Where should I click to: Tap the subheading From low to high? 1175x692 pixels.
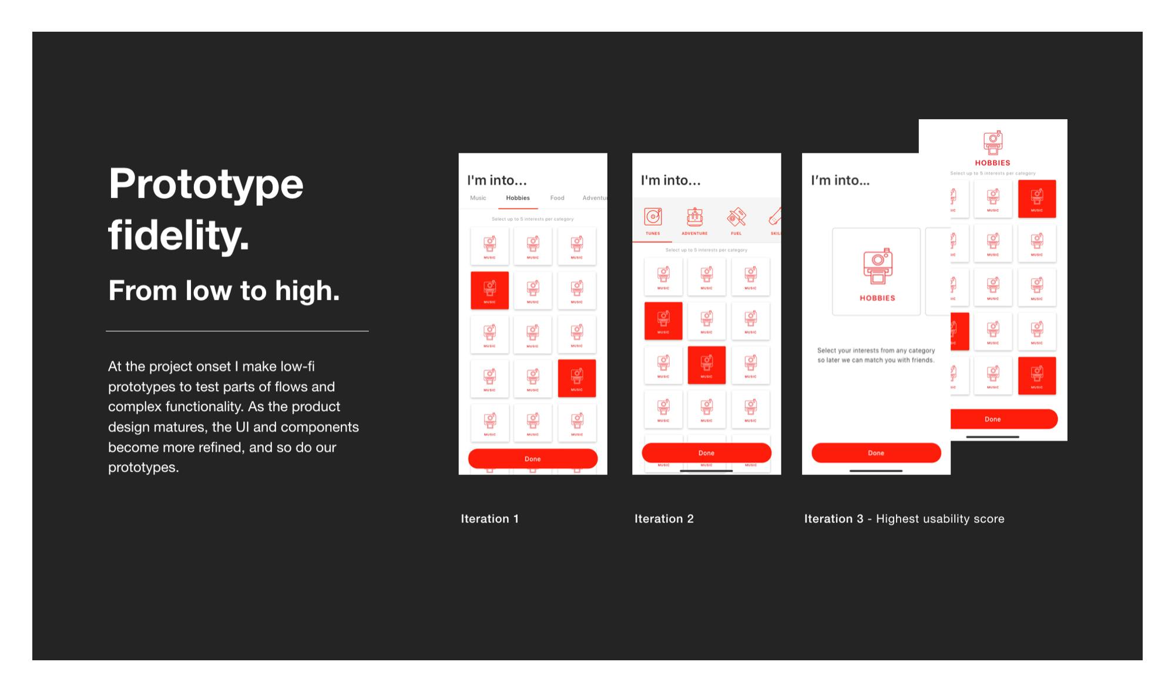(x=224, y=291)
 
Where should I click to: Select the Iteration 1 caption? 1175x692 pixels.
(x=489, y=519)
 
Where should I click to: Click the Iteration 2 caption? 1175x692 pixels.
(x=664, y=519)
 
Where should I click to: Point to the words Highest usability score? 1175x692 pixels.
(x=940, y=519)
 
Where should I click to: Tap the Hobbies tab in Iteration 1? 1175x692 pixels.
(x=518, y=198)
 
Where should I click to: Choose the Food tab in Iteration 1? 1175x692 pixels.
(x=557, y=198)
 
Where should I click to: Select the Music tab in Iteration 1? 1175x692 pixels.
(x=478, y=198)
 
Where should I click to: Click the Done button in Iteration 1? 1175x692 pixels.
(x=532, y=459)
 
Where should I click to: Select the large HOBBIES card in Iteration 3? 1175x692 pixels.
(x=877, y=272)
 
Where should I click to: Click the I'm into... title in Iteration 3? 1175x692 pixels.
(x=840, y=180)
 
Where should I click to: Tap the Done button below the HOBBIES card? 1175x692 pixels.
(x=876, y=453)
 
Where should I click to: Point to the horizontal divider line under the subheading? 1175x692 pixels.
(x=237, y=331)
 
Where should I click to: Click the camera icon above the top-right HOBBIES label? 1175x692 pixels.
(x=993, y=143)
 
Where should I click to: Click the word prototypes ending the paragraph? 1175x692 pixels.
(x=143, y=468)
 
